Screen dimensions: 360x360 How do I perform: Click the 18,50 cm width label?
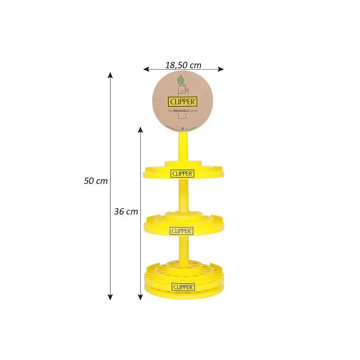click(x=183, y=65)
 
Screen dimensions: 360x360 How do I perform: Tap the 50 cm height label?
click(x=96, y=181)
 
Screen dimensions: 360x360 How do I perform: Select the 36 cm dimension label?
click(x=126, y=212)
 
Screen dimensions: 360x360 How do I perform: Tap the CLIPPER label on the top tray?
click(x=183, y=174)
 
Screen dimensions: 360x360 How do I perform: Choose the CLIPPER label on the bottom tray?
click(x=183, y=287)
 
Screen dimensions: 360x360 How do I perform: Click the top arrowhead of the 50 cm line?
click(x=110, y=75)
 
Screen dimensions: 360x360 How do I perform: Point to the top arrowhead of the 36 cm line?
click(x=140, y=130)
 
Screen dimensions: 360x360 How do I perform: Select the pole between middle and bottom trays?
click(x=183, y=250)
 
